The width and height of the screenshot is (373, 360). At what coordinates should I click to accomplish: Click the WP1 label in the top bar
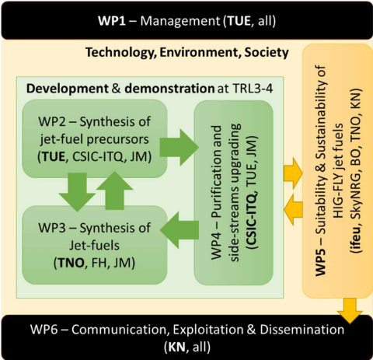click(x=112, y=21)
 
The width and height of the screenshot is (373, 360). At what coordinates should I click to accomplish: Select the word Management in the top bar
click(x=180, y=21)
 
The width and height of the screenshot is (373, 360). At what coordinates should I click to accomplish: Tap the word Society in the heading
click(x=267, y=53)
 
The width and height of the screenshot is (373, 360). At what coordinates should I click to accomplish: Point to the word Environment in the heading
click(x=199, y=52)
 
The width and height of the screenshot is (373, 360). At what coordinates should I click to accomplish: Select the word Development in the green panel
click(x=68, y=89)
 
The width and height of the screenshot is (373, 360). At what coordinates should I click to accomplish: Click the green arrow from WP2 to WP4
click(x=179, y=148)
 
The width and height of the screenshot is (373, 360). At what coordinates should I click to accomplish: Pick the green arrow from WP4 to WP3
click(x=180, y=230)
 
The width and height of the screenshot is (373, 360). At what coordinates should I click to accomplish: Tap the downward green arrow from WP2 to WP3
click(x=77, y=192)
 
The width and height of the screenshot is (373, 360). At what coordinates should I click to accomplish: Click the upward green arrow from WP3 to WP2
click(x=114, y=190)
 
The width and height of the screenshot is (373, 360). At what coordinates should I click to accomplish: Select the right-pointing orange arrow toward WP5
click(x=293, y=173)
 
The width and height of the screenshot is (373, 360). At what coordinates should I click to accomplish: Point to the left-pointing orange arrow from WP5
click(x=293, y=209)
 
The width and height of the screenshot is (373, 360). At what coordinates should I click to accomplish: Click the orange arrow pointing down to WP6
click(x=350, y=311)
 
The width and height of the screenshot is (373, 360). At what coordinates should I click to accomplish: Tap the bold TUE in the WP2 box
click(x=54, y=157)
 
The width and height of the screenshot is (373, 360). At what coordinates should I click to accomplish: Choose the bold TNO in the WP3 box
click(x=71, y=263)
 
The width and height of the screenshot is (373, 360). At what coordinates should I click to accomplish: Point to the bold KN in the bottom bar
click(x=177, y=348)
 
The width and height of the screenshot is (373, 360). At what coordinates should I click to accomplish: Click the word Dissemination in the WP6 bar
click(x=302, y=330)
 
